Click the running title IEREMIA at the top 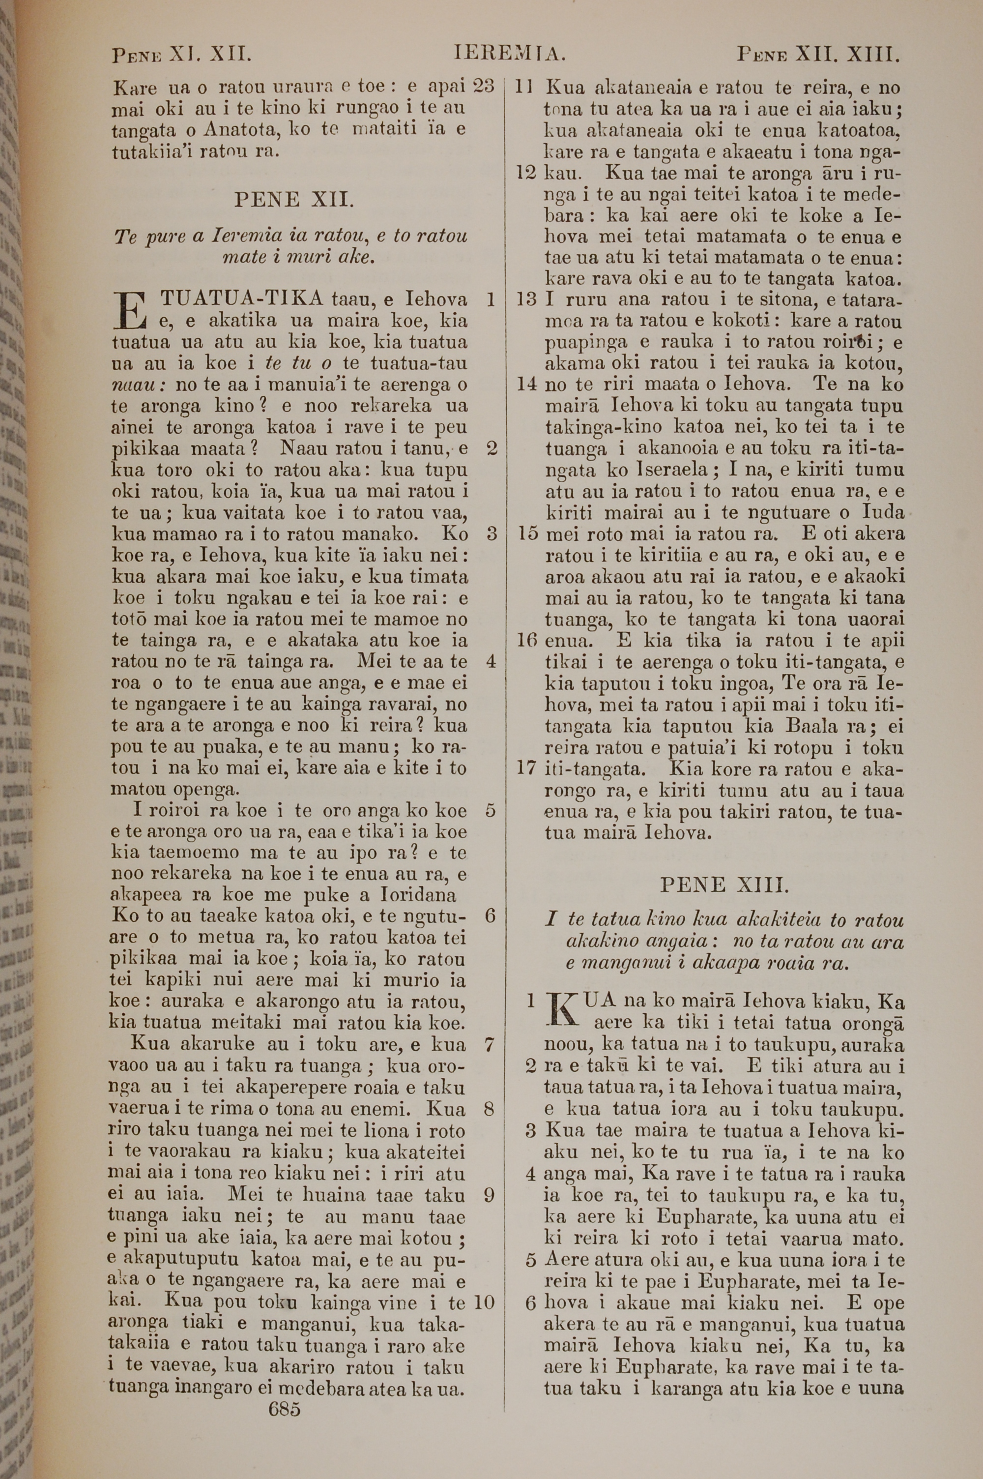[510, 55]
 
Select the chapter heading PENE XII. [294, 200]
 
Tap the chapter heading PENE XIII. [724, 885]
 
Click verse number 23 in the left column [484, 86]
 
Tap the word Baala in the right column [811, 727]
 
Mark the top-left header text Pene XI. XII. [182, 55]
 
